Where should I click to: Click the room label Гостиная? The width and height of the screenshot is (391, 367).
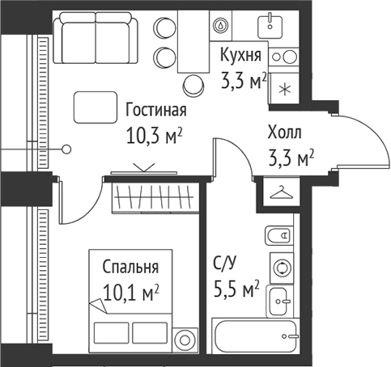(156, 110)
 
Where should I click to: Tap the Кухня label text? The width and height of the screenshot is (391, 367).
(240, 54)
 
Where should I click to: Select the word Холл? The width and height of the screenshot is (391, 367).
(284, 133)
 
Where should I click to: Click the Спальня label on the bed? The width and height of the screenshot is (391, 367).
(130, 267)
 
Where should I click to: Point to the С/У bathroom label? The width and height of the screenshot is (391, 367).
(225, 263)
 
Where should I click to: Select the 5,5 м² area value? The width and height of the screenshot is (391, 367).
(236, 289)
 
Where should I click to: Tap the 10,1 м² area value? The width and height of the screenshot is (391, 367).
(130, 293)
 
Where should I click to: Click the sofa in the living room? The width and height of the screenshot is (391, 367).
(96, 38)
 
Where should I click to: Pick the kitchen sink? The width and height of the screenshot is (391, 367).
(270, 27)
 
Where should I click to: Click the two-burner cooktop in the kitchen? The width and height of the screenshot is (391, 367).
(283, 57)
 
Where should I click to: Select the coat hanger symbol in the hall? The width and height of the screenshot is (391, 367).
(282, 192)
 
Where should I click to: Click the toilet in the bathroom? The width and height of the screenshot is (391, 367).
(279, 236)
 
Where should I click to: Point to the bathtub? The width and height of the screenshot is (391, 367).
(256, 336)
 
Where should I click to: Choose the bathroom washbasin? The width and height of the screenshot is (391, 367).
(280, 302)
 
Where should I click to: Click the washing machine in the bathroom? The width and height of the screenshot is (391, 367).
(282, 268)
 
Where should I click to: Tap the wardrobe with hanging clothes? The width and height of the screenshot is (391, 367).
(155, 198)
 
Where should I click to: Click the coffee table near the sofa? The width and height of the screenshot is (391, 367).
(96, 108)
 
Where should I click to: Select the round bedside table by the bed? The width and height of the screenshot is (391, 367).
(185, 340)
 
